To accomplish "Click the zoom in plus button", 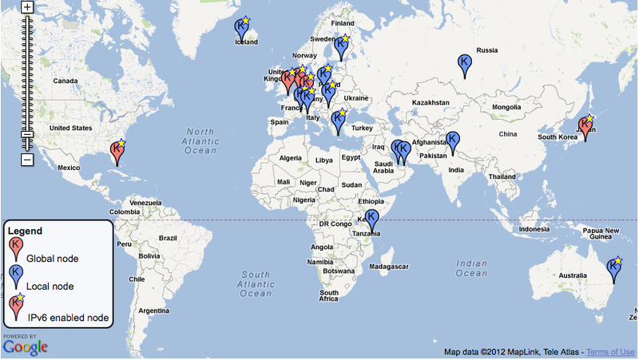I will pos(26,7).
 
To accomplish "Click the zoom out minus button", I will pos(26,160).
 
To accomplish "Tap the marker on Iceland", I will pos(241,28).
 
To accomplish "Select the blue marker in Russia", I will pos(464,63).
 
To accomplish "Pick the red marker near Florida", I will pos(117,150).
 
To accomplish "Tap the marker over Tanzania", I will pos(371,219).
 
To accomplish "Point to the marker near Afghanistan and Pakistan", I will pos(453,140).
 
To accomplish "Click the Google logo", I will pos(25,346).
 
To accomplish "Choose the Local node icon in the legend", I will pos(15,275).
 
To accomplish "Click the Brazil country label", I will pos(167,238).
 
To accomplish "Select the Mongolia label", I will pos(506,107).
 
